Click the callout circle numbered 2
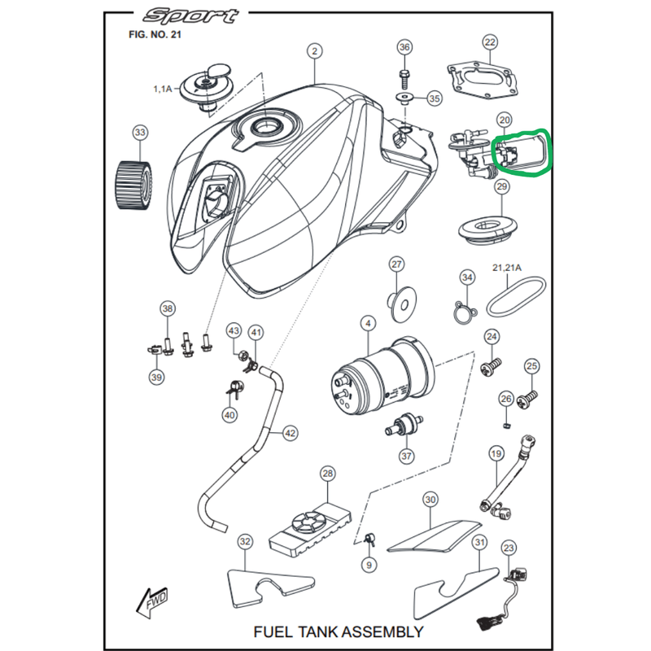pyautogui.click(x=313, y=51)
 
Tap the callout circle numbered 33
pyautogui.click(x=140, y=132)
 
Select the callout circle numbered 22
pyautogui.click(x=489, y=42)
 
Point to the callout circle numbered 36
pyautogui.click(x=404, y=47)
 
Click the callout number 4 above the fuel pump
pyautogui.click(x=368, y=324)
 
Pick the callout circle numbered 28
pyautogui.click(x=327, y=474)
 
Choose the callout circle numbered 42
pyautogui.click(x=290, y=433)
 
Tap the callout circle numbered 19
pyautogui.click(x=496, y=452)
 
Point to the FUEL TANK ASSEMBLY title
pyautogui.click(x=338, y=631)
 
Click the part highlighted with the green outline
pyautogui.click(x=521, y=154)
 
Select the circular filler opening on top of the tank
pyautogui.click(x=264, y=126)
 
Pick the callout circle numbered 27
pyautogui.click(x=396, y=264)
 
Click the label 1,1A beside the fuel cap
pyautogui.click(x=162, y=87)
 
